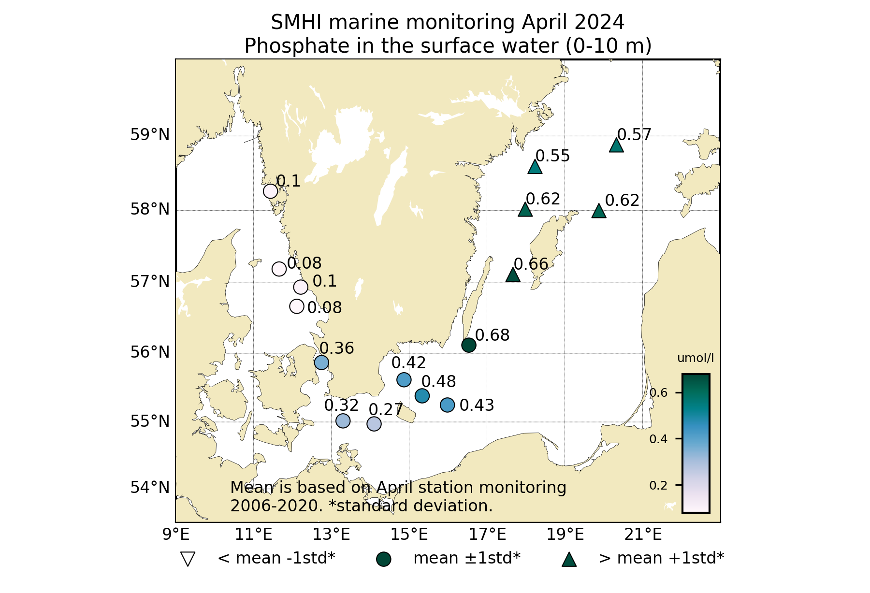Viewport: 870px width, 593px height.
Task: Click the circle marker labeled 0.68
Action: point(469,345)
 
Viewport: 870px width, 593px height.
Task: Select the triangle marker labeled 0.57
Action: point(616,145)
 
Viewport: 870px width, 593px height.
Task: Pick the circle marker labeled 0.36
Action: point(321,362)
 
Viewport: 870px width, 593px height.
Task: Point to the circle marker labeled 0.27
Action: point(374,424)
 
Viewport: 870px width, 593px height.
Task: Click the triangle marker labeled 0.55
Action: point(535,167)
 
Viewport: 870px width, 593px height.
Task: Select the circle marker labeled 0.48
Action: point(422,396)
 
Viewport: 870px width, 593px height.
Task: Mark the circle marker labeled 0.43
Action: point(448,405)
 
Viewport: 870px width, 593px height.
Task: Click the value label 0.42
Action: point(408,362)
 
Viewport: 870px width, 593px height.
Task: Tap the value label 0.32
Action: point(341,405)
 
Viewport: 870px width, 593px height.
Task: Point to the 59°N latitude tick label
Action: point(150,135)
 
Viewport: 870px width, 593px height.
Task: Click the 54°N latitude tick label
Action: point(150,488)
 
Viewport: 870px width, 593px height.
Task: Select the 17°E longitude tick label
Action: point(494,535)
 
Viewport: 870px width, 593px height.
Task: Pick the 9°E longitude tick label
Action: point(175,535)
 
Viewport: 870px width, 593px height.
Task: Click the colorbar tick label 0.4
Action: point(658,439)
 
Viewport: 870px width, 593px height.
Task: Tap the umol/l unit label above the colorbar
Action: point(696,358)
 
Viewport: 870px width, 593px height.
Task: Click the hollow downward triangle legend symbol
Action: point(187,559)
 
